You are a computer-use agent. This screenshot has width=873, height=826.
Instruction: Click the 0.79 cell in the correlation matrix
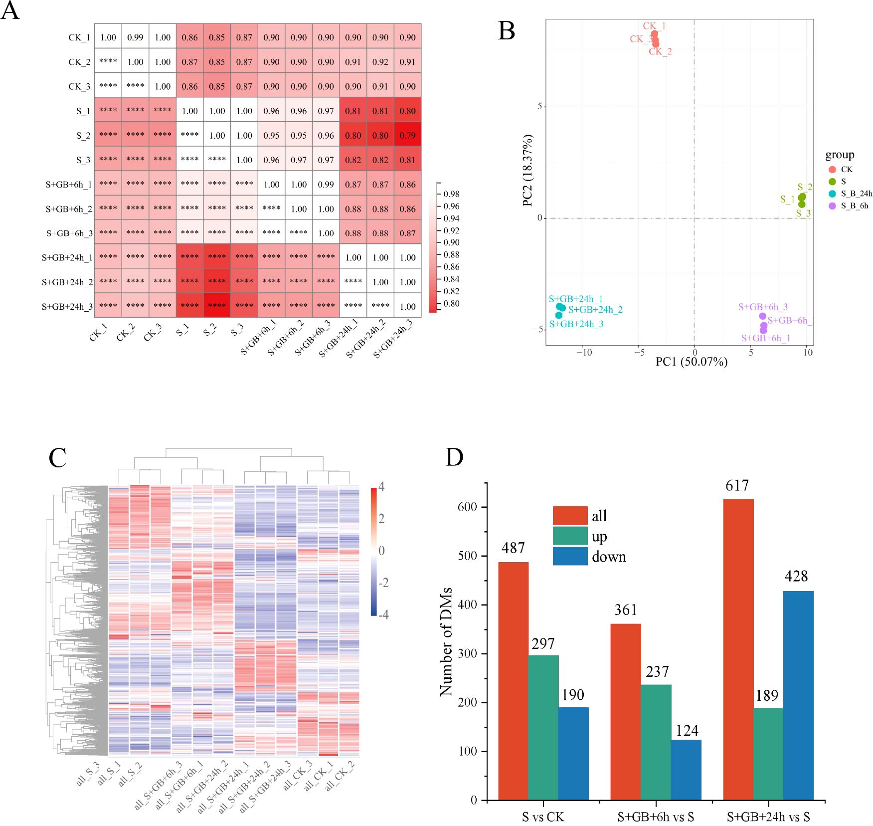(x=407, y=135)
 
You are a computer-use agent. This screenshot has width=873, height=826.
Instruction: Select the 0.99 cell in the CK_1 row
(x=135, y=37)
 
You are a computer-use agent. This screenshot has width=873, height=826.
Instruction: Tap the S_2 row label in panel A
(x=83, y=136)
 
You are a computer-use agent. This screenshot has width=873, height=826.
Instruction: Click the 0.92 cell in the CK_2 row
(x=380, y=62)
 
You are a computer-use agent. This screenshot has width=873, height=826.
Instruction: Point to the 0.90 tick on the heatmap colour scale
(x=452, y=242)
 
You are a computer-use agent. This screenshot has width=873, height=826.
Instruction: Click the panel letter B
(x=507, y=31)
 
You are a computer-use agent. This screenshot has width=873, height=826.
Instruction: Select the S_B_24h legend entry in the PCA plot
(x=856, y=194)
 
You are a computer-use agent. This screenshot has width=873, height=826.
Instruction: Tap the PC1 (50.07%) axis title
(x=691, y=362)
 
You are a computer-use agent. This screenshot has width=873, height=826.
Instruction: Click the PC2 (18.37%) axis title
(x=527, y=170)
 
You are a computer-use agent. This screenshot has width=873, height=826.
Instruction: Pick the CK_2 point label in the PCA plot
(x=660, y=51)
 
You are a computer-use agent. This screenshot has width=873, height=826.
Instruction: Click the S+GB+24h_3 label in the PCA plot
(x=576, y=324)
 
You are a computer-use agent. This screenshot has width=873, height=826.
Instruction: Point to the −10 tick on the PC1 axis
(x=584, y=353)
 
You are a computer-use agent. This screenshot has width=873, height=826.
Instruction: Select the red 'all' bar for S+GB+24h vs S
(x=738, y=648)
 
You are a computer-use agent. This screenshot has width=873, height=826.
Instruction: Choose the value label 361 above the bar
(x=626, y=610)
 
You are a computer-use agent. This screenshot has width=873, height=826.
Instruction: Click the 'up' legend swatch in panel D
(x=570, y=536)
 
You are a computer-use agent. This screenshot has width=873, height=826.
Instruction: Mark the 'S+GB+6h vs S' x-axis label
(x=656, y=817)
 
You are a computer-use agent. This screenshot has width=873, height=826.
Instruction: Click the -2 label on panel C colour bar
(x=383, y=583)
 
